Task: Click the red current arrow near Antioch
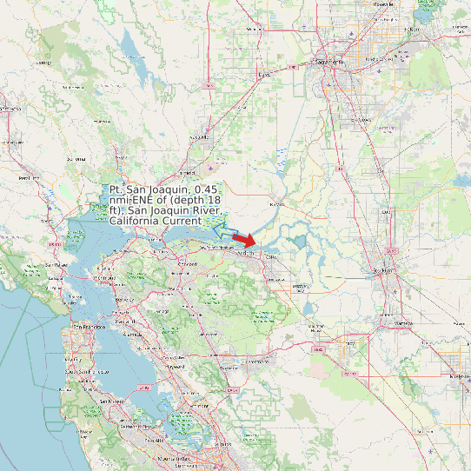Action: point(245,241)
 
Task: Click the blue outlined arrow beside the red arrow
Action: point(229,232)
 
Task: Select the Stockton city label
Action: point(381,270)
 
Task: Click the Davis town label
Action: point(264,75)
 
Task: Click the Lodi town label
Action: point(388,212)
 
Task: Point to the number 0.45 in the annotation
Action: point(208,189)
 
